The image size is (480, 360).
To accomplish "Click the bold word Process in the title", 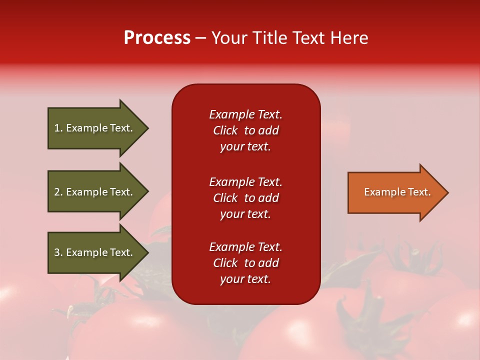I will point(157,38).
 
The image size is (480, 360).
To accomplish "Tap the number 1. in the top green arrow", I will point(58,128).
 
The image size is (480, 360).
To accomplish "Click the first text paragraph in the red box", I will point(245,130).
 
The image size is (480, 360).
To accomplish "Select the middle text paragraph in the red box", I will point(245,198).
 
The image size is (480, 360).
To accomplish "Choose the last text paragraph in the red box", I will point(245,263).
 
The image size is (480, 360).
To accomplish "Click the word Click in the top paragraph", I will point(225,130).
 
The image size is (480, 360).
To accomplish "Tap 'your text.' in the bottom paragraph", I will point(245,279).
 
